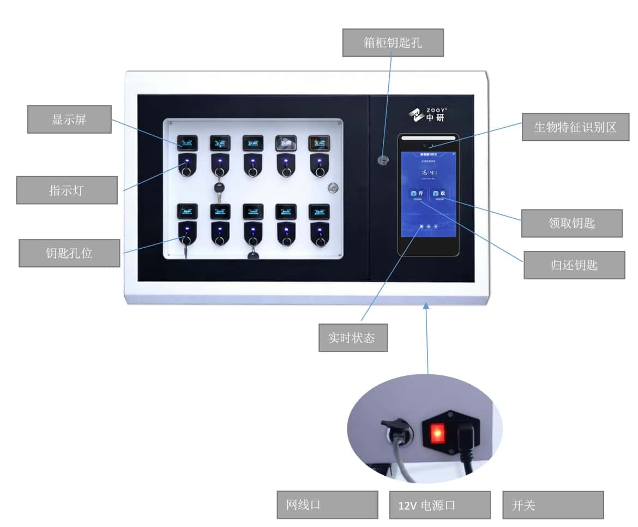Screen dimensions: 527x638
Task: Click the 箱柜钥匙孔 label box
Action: tap(393, 43)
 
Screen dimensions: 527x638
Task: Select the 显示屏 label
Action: tap(69, 119)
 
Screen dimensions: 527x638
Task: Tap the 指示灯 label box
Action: tap(67, 190)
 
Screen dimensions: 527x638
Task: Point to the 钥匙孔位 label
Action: tap(69, 253)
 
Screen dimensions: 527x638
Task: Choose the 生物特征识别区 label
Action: tap(575, 127)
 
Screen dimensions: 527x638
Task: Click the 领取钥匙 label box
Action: tap(571, 223)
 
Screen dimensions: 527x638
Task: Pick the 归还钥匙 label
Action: tap(574, 265)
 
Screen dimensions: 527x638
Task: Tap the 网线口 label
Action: tap(327, 505)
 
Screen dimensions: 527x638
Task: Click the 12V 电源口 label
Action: tap(440, 505)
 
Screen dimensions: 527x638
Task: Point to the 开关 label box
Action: tap(552, 505)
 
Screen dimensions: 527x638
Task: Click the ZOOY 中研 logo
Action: tap(426, 115)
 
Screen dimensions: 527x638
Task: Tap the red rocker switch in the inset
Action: tap(437, 434)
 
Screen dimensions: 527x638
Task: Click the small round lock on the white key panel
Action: tap(333, 188)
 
